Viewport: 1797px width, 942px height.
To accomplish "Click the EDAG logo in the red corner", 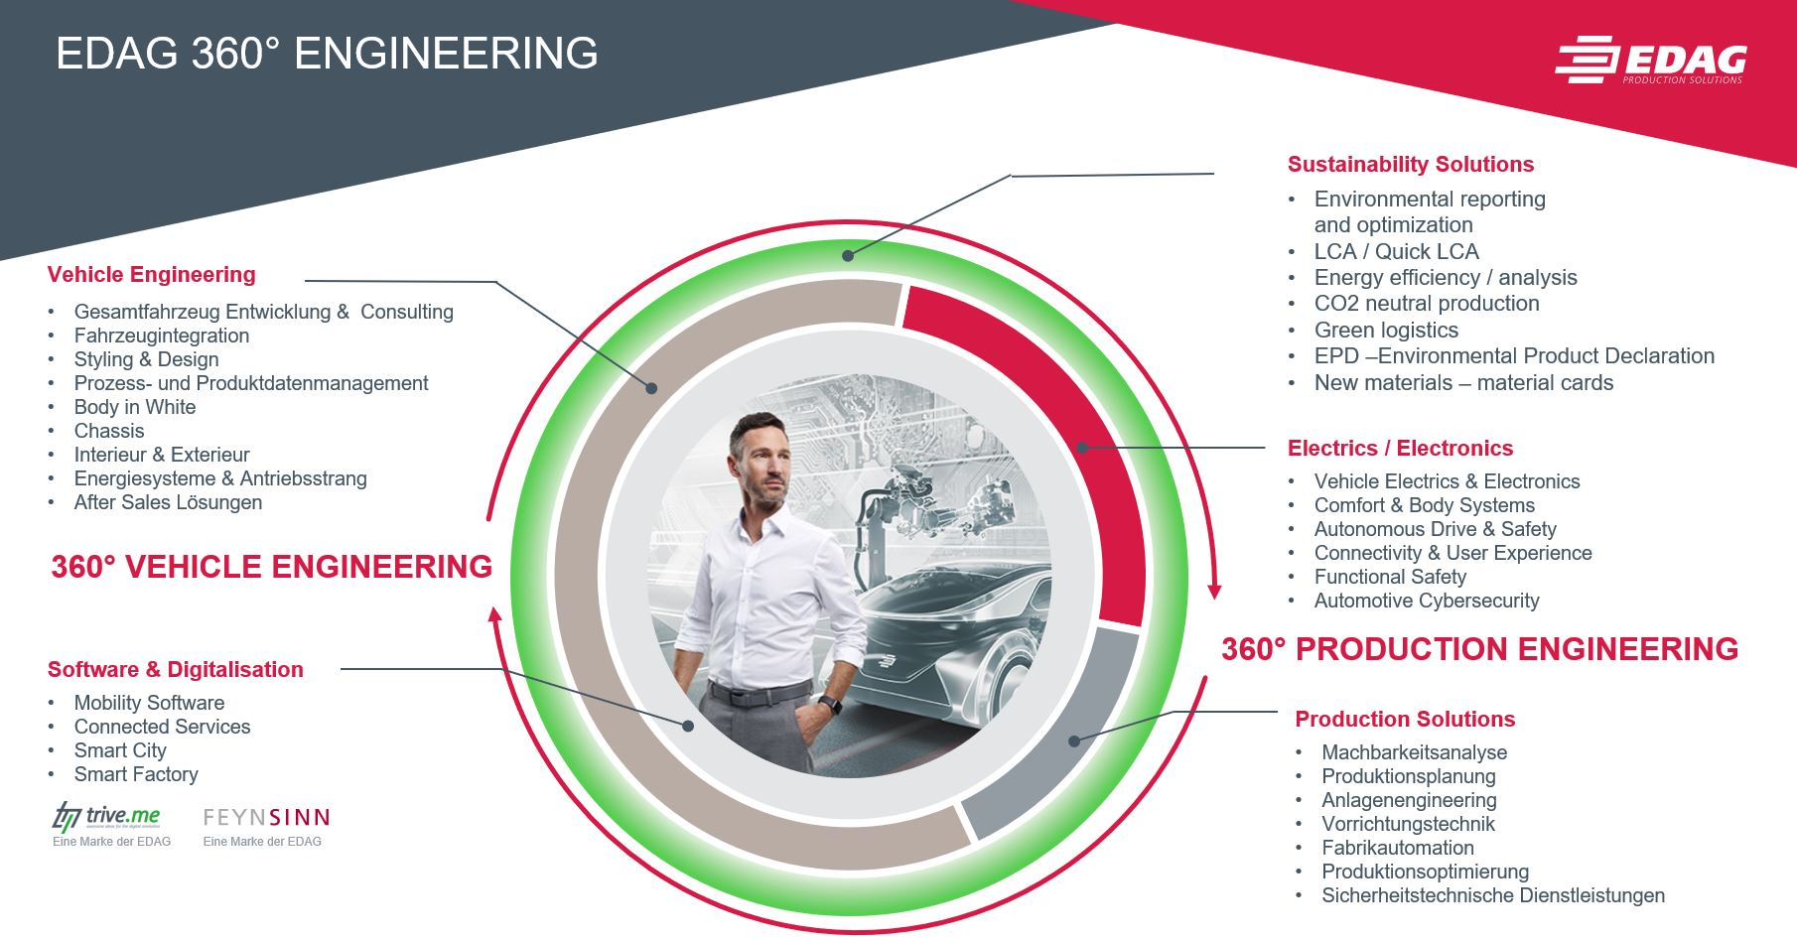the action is click(x=1650, y=61).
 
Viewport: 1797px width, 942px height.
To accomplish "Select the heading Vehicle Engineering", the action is click(x=152, y=275).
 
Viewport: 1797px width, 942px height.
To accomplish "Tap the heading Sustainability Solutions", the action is click(x=1411, y=165).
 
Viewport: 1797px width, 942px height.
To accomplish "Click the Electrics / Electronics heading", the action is click(x=1400, y=449).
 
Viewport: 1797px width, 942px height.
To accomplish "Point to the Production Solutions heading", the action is click(x=1405, y=720).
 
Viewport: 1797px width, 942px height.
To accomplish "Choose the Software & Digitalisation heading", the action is click(x=176, y=670).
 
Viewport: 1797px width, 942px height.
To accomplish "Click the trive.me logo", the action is click(x=106, y=817).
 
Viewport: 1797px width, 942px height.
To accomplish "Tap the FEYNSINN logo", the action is click(x=266, y=818).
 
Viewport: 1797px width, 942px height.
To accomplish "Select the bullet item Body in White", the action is click(x=135, y=407).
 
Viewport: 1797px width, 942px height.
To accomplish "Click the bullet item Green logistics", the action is click(x=1386, y=331).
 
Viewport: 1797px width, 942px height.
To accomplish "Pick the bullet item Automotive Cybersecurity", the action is click(x=1427, y=601).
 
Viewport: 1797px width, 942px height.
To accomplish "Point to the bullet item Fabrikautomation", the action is click(x=1398, y=848).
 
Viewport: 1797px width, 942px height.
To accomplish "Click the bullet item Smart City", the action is click(x=120, y=750).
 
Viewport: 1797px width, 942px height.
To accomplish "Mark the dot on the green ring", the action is click(x=847, y=256).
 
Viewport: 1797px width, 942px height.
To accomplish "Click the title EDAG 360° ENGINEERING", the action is click(x=327, y=54).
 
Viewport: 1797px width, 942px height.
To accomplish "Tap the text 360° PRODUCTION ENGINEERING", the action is click(x=1479, y=649).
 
